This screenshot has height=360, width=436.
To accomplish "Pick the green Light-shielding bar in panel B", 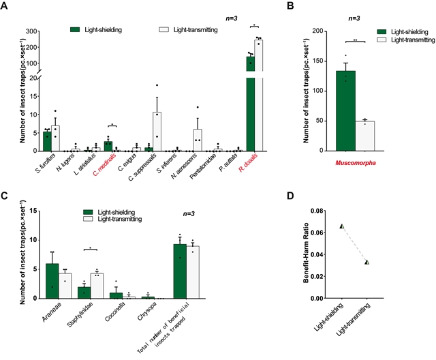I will click(345, 110).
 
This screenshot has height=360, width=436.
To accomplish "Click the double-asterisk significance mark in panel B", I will click(355, 41).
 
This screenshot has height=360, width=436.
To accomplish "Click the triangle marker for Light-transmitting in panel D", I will click(367, 262).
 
